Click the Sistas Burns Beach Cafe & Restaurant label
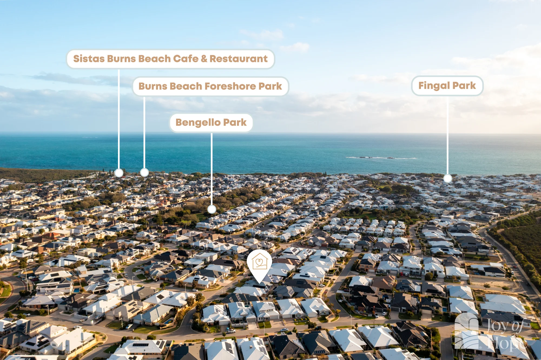(x=171, y=59)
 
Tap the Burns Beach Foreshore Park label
(x=210, y=86)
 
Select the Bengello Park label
(x=211, y=123)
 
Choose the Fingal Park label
(x=447, y=86)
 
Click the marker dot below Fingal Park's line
(x=448, y=178)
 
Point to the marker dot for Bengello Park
(x=212, y=209)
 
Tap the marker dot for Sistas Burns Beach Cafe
(x=119, y=173)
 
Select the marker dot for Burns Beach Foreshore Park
(x=144, y=172)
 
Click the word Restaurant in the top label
(x=239, y=59)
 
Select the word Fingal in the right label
(x=434, y=86)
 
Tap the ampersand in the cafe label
(x=204, y=59)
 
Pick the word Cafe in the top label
(x=186, y=59)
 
